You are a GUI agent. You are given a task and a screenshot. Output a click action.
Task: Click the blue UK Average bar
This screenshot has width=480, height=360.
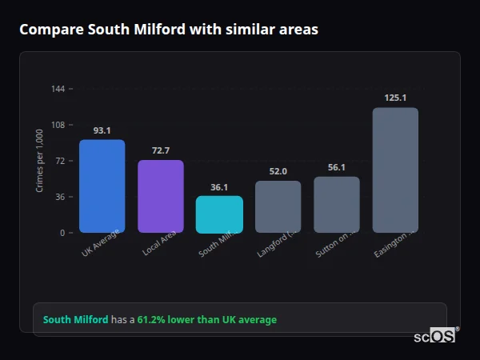click(102, 186)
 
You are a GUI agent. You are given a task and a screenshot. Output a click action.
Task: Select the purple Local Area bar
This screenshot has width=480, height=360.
click(161, 197)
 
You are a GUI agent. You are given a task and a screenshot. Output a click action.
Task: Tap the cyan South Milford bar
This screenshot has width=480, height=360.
click(219, 214)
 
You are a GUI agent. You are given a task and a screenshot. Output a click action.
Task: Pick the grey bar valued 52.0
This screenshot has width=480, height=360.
click(278, 207)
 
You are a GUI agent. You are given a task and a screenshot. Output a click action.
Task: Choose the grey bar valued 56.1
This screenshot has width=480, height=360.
click(337, 205)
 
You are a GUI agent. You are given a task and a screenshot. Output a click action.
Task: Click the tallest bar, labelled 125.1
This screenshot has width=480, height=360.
click(395, 170)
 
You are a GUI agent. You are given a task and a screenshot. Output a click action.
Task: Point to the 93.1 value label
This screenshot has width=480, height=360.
click(102, 130)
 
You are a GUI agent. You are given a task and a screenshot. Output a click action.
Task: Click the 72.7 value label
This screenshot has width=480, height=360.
click(161, 150)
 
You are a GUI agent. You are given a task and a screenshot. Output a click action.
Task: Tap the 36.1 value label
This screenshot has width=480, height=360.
click(219, 187)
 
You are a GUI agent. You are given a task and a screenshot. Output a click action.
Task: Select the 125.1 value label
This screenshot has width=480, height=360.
click(395, 98)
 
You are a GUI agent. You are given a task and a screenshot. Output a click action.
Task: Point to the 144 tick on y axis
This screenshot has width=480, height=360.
click(58, 89)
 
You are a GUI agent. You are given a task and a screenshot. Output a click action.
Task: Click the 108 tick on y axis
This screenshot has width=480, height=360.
click(58, 125)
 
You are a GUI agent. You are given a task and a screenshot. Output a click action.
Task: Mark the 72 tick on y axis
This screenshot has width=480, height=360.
click(61, 161)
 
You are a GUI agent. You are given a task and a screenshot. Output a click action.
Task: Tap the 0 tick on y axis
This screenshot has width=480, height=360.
click(62, 233)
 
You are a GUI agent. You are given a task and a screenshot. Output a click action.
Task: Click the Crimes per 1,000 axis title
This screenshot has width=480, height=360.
click(40, 161)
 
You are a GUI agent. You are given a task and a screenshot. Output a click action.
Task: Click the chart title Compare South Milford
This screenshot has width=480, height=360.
click(169, 30)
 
